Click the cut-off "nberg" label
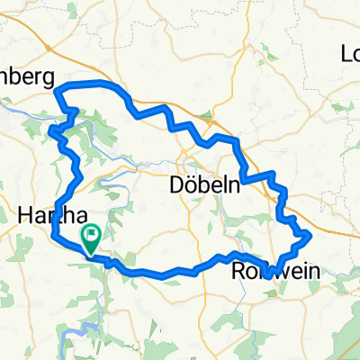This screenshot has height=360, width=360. [27, 77]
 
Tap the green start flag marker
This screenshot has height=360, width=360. [93, 236]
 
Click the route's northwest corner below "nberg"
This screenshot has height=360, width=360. [58, 90]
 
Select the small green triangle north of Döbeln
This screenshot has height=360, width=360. [213, 115]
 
